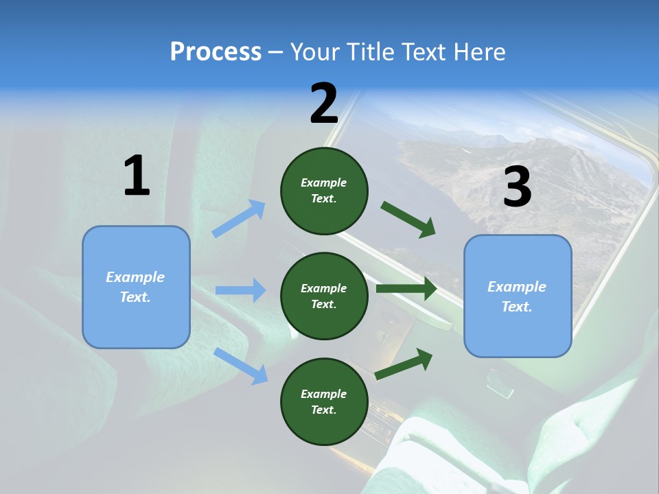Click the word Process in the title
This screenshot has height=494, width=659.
216,51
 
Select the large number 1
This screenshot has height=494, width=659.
136,176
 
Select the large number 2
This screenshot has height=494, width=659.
324,104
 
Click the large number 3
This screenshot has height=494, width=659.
517,187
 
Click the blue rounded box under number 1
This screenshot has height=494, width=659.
136,287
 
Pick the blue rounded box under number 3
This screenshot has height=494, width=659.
518,296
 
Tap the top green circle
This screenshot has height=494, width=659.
324,191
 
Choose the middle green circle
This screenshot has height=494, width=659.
324,296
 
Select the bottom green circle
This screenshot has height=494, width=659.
324,401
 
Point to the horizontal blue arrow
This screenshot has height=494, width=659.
240,290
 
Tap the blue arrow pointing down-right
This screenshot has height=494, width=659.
240,366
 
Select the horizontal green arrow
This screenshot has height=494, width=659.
406,289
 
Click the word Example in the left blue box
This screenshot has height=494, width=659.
135,277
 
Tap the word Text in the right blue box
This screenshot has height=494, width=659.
516,307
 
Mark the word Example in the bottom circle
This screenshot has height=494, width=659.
324,394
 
